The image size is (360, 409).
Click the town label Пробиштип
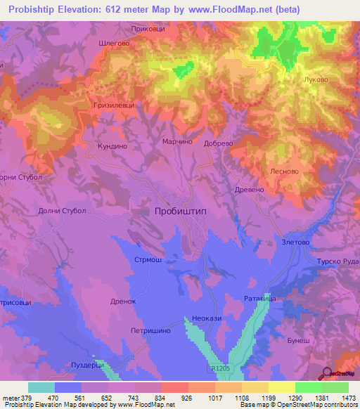(x=181, y=211)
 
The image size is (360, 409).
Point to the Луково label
(x=315, y=79)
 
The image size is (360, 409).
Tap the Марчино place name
(x=177, y=141)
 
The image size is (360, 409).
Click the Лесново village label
(x=284, y=171)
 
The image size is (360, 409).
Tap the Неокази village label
(x=203, y=318)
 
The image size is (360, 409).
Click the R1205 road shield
(x=219, y=368)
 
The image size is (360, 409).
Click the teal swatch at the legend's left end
(x=41, y=387)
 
